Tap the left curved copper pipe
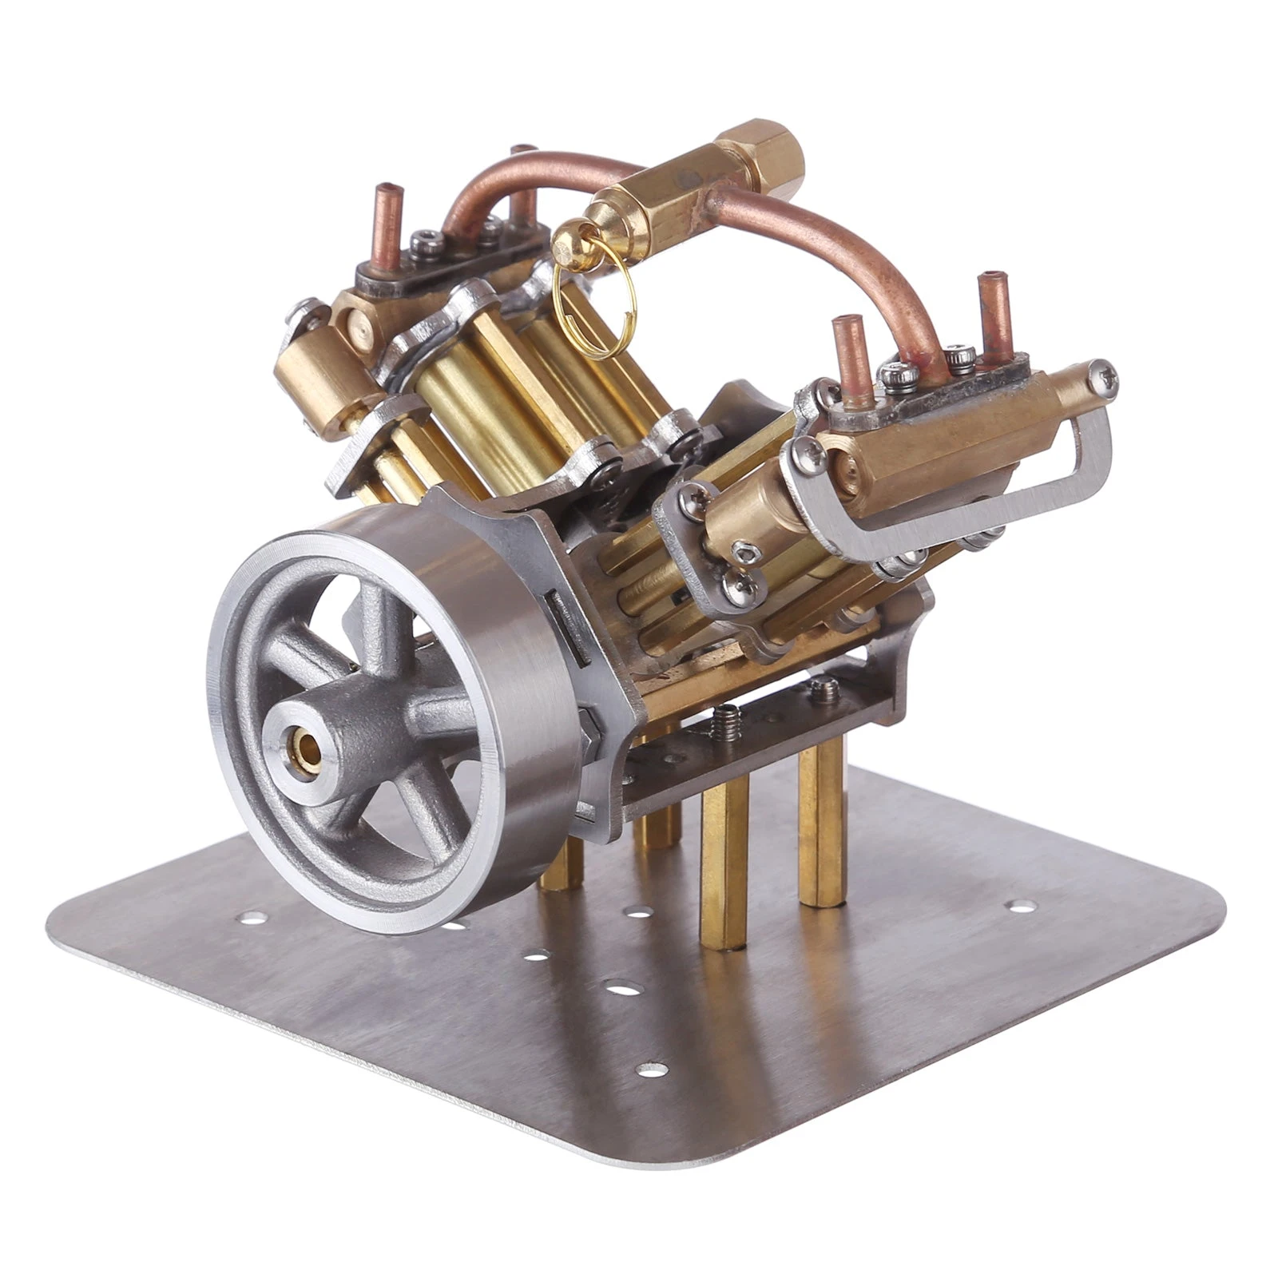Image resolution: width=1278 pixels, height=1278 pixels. (511, 180)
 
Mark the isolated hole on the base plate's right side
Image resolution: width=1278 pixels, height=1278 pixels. (1019, 906)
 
